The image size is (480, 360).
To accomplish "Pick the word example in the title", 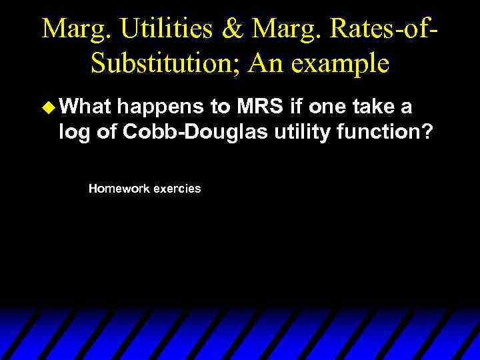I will (x=347, y=65).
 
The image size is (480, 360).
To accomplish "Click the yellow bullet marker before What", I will (x=47, y=106).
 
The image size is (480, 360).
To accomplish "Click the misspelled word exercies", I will (x=177, y=189).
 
